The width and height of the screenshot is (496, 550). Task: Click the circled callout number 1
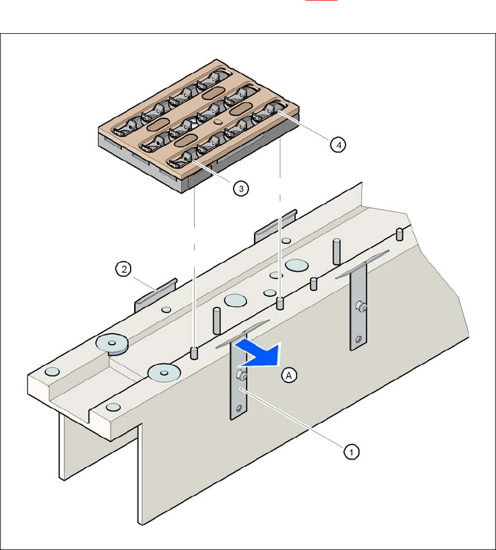pyautogui.click(x=350, y=450)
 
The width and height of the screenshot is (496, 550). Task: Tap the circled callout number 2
pyautogui.click(x=123, y=269)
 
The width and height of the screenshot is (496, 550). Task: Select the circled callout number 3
pyautogui.click(x=241, y=188)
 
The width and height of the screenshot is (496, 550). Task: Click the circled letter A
pyautogui.click(x=289, y=376)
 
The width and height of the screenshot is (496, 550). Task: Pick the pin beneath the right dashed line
pyautogui.click(x=280, y=303)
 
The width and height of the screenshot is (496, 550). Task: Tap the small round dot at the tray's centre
pyautogui.click(x=217, y=121)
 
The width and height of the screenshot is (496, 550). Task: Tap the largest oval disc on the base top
pyautogui.click(x=298, y=264)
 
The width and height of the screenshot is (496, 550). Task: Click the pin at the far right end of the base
pyautogui.click(x=400, y=234)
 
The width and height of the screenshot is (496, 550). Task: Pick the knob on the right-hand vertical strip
pyautogui.click(x=361, y=305)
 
